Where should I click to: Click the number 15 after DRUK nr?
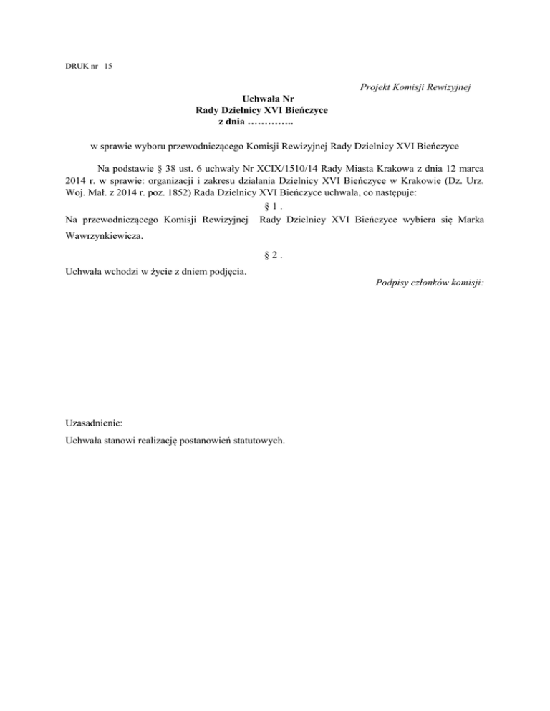click(x=107, y=67)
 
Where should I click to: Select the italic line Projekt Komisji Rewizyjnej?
click(x=412, y=87)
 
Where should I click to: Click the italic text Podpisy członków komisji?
click(x=429, y=283)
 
